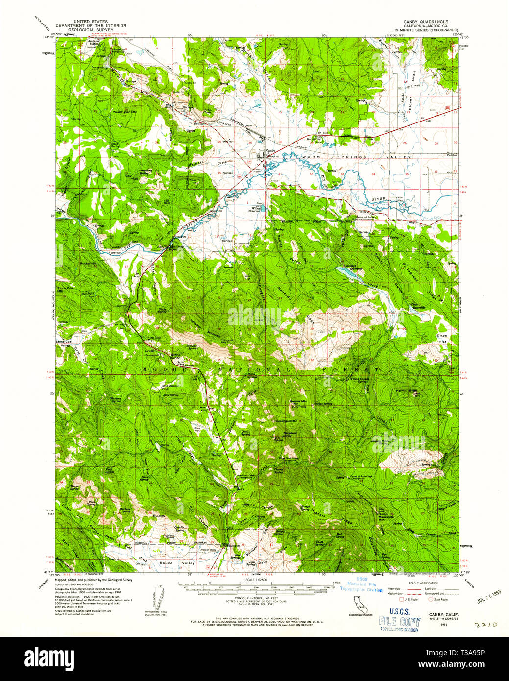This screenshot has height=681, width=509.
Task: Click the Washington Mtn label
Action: [x=125, y=112]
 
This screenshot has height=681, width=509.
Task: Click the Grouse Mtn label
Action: [x=298, y=401]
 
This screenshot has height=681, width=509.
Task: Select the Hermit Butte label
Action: [x=408, y=391]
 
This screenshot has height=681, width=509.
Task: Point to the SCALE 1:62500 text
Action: [x=257, y=579]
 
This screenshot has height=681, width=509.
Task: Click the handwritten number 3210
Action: [x=486, y=625]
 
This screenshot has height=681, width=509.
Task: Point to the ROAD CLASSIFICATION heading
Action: [x=420, y=583]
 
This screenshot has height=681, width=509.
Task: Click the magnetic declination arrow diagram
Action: [x=159, y=597]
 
